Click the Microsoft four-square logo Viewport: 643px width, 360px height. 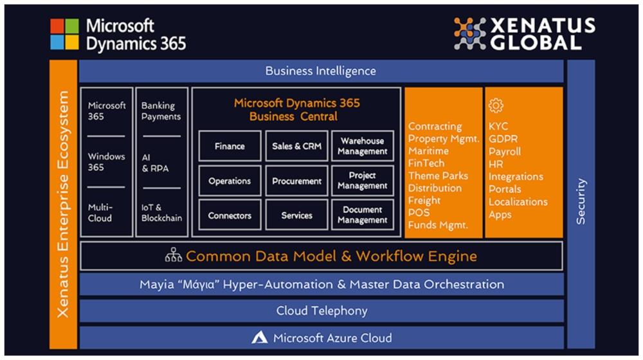[x=65, y=34]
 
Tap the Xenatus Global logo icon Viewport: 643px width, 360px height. [x=470, y=33]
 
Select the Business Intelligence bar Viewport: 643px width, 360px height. [x=320, y=71]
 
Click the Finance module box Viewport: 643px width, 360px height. [x=230, y=146]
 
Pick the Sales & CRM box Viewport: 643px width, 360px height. [x=296, y=146]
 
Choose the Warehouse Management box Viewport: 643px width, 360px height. [x=363, y=146]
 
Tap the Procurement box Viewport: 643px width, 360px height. [x=296, y=181]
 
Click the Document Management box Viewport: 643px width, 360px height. [x=363, y=215]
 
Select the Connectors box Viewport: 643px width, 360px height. [x=230, y=215]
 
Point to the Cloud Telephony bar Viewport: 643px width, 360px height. [x=321, y=310]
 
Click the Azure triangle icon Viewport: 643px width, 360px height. [x=260, y=337]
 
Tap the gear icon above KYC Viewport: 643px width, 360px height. [x=495, y=105]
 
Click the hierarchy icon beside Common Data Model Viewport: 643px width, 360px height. [x=174, y=256]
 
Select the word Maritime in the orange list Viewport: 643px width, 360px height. [x=428, y=151]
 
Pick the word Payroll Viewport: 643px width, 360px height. [x=505, y=152]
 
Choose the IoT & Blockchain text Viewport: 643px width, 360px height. [x=161, y=212]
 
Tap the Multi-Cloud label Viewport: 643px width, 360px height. [x=100, y=212]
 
